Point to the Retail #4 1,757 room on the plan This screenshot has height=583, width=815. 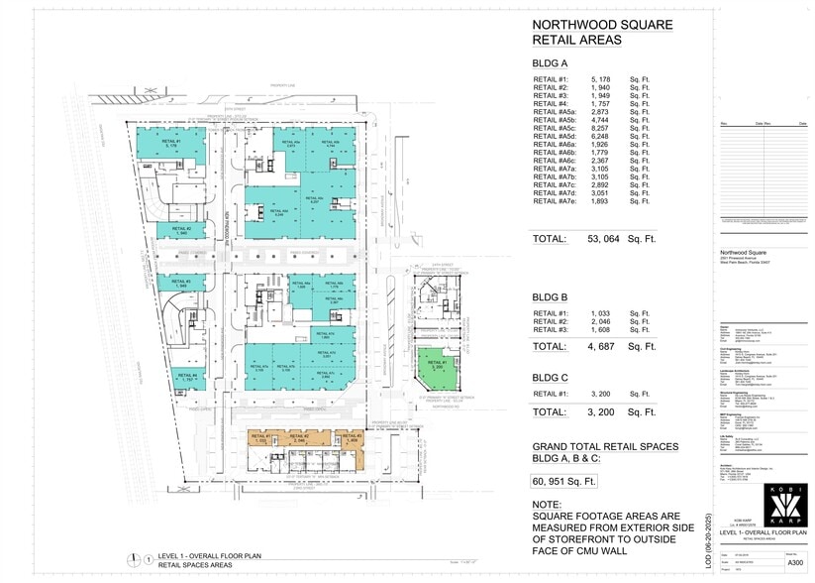187,376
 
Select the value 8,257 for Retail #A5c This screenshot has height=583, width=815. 606,129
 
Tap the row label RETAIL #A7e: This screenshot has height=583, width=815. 555,201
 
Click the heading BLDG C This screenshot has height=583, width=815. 553,378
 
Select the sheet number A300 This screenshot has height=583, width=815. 795,561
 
